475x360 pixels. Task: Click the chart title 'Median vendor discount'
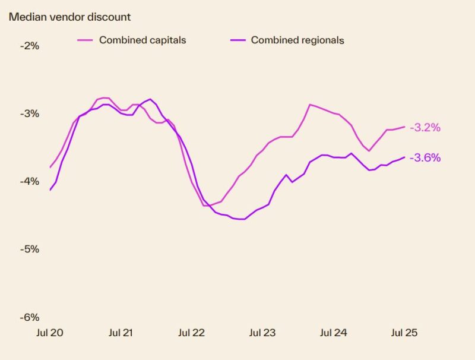click(69, 17)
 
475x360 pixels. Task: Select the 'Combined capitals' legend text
click(142, 40)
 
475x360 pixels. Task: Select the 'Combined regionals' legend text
click(297, 40)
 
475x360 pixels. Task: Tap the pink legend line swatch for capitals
click(85, 40)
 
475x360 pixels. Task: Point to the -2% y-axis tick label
click(29, 45)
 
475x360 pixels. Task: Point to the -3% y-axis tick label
click(29, 113)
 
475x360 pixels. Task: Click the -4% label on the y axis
click(29, 181)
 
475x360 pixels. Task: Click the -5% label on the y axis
click(29, 249)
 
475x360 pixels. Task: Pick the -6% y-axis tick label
click(29, 317)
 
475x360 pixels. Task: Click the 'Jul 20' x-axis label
click(50, 333)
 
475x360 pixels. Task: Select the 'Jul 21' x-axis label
click(121, 333)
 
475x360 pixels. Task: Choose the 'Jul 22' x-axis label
click(192, 333)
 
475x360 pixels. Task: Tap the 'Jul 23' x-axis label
click(262, 333)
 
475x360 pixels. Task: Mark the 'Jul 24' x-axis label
click(333, 333)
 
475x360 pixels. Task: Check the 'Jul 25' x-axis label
click(404, 333)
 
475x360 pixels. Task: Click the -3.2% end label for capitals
click(425, 127)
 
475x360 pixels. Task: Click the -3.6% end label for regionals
click(425, 158)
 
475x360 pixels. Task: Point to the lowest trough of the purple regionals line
click(242, 219)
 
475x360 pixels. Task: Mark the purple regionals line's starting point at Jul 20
click(50, 190)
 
